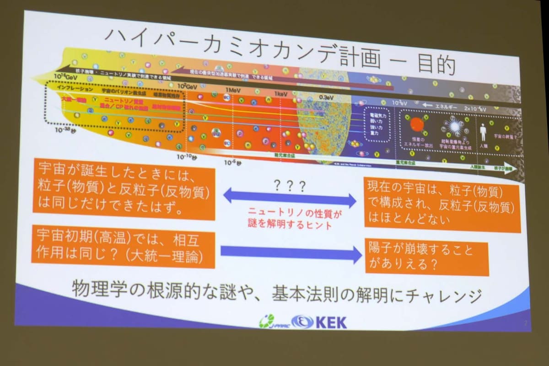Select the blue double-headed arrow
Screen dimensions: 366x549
(x=289, y=198)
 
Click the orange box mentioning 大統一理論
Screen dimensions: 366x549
(x=123, y=248)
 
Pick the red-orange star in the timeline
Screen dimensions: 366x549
(x=417, y=124)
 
